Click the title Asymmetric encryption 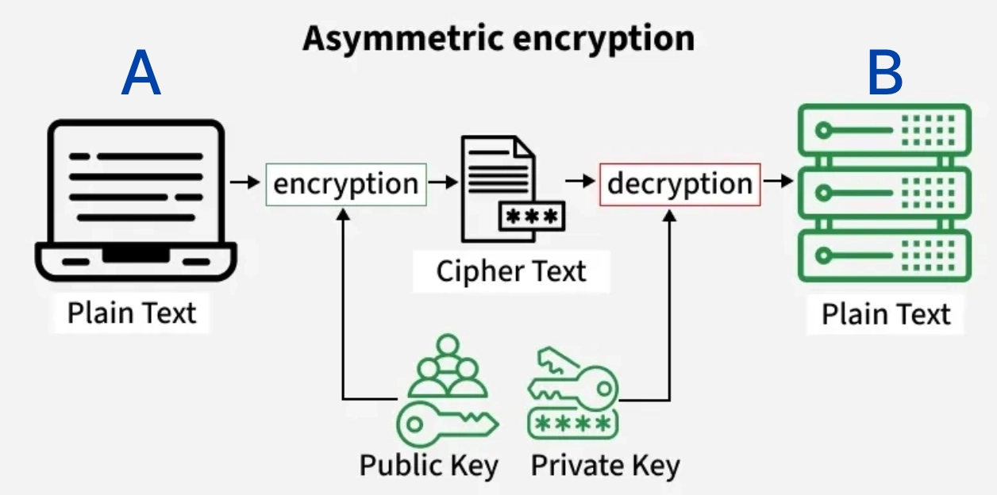coord(498,38)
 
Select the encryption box coord(345,184)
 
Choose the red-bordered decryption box coord(679,184)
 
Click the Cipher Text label coord(511,271)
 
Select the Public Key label coord(429,465)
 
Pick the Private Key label coord(605,465)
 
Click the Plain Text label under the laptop coord(131,313)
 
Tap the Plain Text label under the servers coord(885,314)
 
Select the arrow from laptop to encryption coord(244,182)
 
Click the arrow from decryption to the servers coord(778,182)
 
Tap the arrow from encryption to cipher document coord(443,182)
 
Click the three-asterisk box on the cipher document coord(531,215)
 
